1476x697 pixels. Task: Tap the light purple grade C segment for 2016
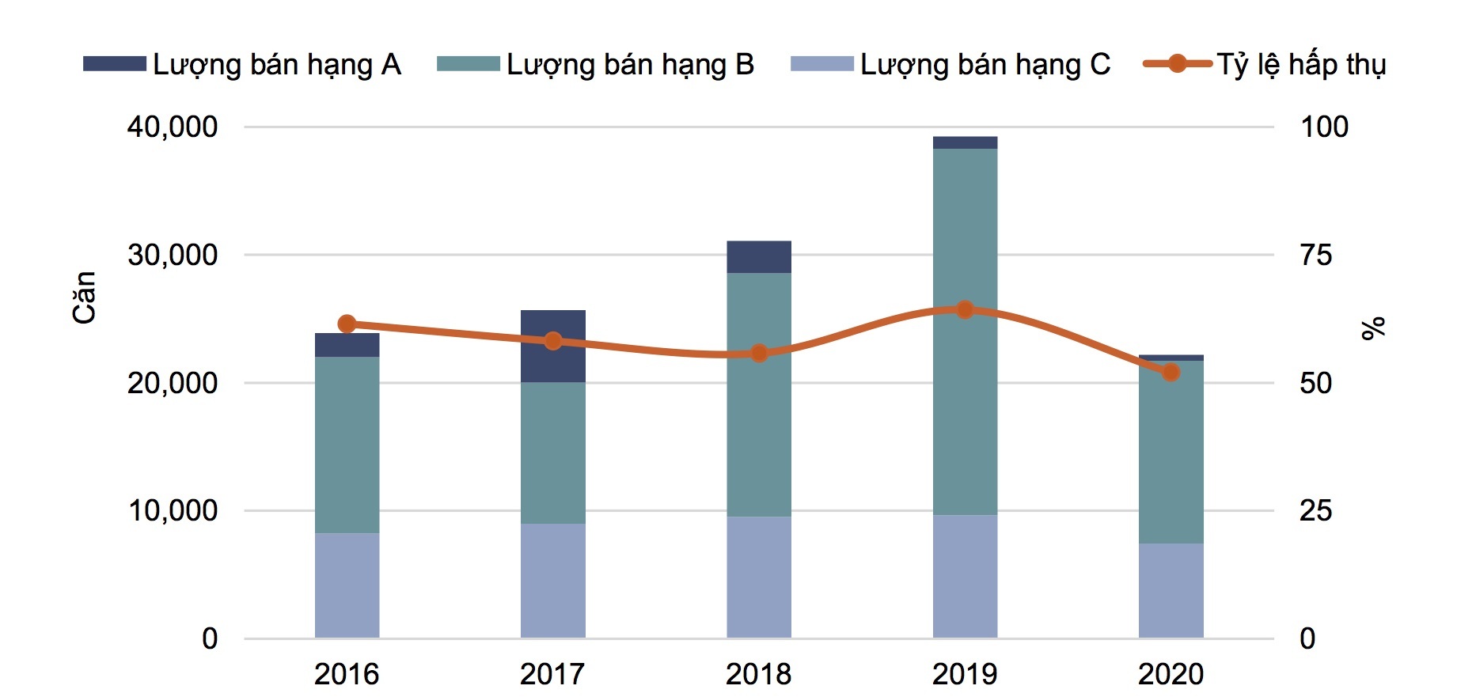[x=347, y=585]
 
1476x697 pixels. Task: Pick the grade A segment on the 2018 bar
[x=759, y=257]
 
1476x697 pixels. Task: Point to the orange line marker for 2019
[x=965, y=309]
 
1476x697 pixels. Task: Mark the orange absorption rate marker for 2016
[x=347, y=324]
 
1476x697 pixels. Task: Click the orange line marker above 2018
[x=759, y=353]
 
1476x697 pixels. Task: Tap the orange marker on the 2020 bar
[x=1171, y=372]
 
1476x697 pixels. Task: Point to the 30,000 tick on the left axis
[x=172, y=255]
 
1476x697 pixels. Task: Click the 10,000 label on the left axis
[x=172, y=510]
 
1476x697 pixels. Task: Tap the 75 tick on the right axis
[x=1316, y=255]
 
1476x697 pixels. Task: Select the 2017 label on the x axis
[x=552, y=674]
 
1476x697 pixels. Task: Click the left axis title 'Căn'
[x=84, y=297]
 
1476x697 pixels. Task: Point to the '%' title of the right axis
[x=1374, y=328]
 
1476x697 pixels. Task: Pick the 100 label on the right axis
[x=1324, y=127]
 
